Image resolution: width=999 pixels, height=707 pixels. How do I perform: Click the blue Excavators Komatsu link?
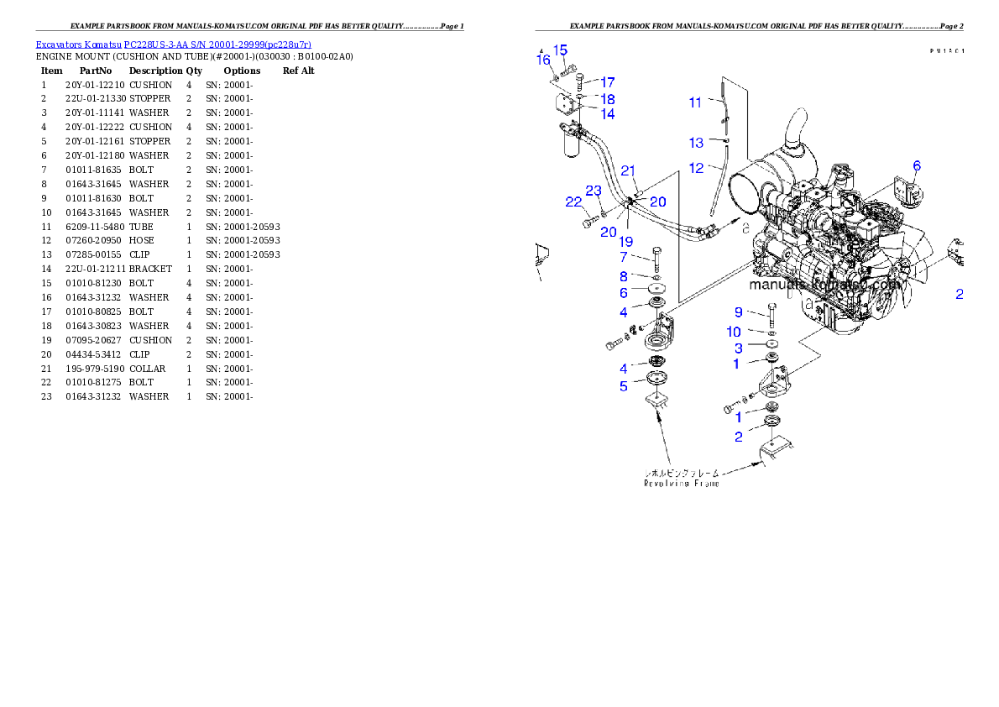[173, 44]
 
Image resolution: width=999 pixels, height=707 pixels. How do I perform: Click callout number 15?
[561, 50]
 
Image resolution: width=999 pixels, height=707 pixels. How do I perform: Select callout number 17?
[607, 82]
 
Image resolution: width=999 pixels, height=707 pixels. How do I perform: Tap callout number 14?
[607, 114]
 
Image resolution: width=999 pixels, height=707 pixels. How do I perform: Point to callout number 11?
[695, 102]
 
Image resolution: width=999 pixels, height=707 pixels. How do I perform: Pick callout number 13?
[696, 143]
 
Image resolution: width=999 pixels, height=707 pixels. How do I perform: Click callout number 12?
[696, 168]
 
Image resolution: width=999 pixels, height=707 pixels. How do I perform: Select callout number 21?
[629, 170]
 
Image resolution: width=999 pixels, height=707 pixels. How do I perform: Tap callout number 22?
[573, 202]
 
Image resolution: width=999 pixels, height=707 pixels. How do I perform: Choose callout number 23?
[594, 191]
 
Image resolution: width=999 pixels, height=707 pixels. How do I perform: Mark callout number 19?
[626, 242]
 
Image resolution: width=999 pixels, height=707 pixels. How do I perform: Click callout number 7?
[624, 257]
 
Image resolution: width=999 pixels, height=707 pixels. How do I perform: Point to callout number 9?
[739, 312]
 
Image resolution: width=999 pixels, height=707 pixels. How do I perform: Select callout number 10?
[734, 333]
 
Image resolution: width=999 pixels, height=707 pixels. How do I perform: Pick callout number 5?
[624, 386]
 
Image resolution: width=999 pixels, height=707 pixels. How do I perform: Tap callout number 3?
[739, 348]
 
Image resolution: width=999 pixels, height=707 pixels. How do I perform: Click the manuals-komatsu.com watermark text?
[824, 285]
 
